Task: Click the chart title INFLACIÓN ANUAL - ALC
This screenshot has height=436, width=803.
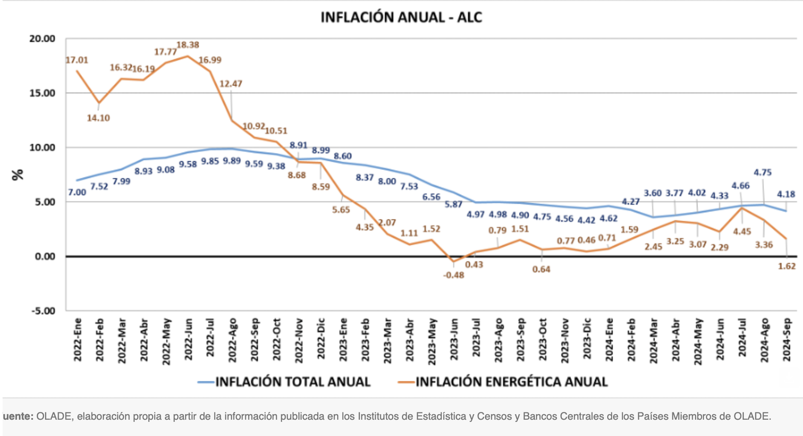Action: [401, 17]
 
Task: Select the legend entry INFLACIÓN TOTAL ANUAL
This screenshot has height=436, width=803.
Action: [293, 382]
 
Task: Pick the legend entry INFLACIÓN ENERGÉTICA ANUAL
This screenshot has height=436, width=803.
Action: [512, 382]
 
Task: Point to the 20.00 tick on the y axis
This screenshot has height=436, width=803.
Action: [42, 39]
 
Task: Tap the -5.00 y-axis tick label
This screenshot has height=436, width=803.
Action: [43, 311]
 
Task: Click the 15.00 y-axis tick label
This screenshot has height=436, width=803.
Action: [42, 93]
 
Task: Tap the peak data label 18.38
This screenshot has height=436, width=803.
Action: [188, 45]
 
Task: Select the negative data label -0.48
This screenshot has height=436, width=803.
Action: [454, 275]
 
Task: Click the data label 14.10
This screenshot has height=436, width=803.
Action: [99, 118]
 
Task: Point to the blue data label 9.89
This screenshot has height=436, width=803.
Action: [232, 161]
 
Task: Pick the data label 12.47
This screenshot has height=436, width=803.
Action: [231, 84]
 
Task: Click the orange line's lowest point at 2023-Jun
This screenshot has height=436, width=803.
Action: [454, 261]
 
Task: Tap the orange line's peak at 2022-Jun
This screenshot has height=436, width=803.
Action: [188, 56]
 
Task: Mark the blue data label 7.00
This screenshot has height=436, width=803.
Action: [77, 192]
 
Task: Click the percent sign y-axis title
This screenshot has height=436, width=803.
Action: [18, 174]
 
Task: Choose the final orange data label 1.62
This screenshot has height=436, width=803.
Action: [787, 266]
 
